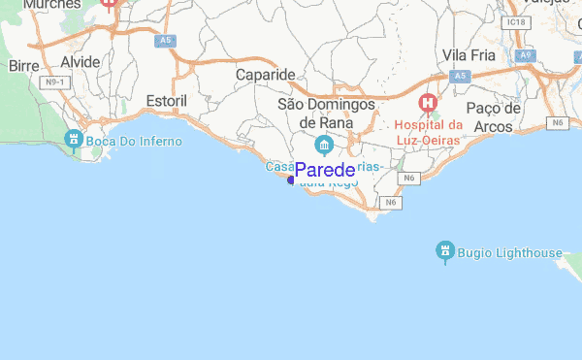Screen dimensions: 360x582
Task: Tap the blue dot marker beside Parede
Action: [291, 180]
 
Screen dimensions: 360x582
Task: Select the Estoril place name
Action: [166, 101]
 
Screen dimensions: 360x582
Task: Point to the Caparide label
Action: [265, 75]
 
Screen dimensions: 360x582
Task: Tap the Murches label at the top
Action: [50, 5]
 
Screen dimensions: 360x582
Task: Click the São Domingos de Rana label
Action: [325, 113]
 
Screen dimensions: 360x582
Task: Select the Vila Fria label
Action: [469, 55]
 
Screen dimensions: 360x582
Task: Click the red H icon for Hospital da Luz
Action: [427, 102]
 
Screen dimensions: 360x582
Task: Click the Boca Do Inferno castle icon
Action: [72, 141]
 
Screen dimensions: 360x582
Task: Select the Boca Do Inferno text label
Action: [133, 143]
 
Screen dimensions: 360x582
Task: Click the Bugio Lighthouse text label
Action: [509, 253]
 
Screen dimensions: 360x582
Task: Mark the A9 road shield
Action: [526, 56]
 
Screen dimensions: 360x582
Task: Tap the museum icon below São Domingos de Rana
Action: [324, 147]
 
